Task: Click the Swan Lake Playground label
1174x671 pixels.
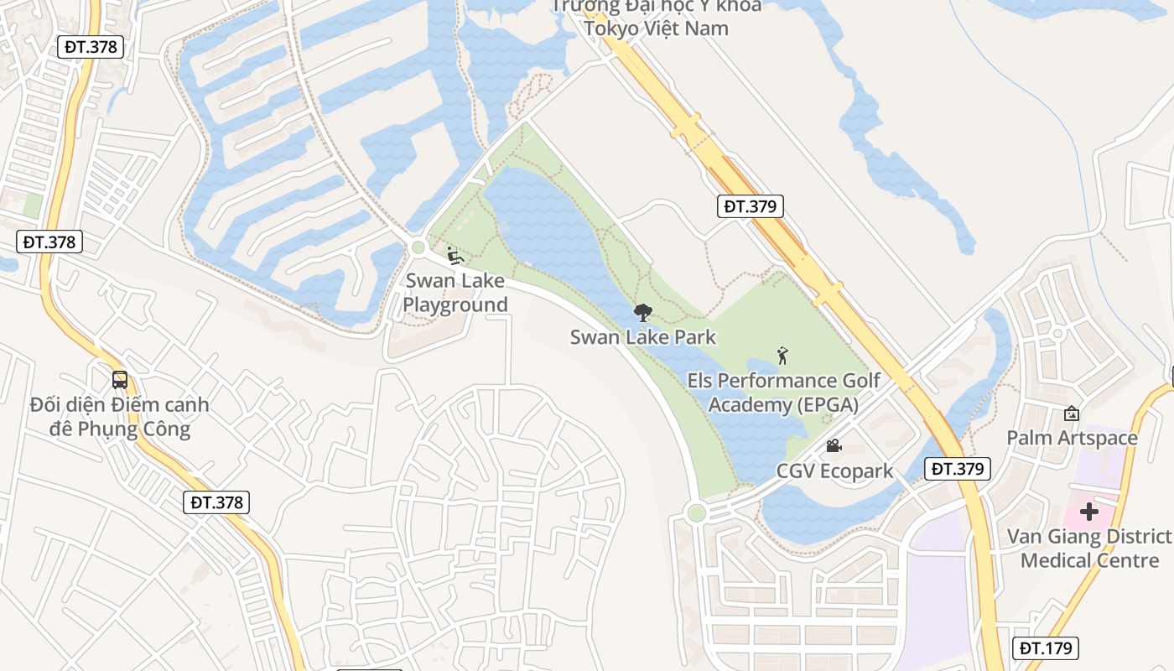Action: click(455, 292)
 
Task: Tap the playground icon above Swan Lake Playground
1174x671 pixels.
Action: click(455, 255)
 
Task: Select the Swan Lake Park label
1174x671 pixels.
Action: click(643, 337)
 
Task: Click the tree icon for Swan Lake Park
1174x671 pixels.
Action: click(643, 313)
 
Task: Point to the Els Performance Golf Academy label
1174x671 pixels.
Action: click(783, 393)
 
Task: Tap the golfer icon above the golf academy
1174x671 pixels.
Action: click(783, 356)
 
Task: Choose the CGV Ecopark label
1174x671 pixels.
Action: click(834, 471)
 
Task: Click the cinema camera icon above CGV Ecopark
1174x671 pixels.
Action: click(834, 446)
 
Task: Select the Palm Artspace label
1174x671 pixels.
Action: click(1072, 438)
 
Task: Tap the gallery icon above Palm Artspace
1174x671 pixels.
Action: click(1072, 413)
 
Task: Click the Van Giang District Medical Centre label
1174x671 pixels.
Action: click(1088, 549)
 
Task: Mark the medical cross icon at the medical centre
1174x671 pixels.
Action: click(1088, 511)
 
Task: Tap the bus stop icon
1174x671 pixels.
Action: click(120, 379)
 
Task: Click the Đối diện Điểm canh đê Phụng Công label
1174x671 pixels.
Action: click(119, 417)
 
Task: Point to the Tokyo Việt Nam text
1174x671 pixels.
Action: click(656, 28)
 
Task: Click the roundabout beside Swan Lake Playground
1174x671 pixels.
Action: click(418, 247)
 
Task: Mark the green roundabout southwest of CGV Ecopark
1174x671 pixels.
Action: click(695, 512)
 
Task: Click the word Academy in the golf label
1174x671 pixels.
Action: click(749, 404)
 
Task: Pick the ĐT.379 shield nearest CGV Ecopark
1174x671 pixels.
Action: click(958, 469)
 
